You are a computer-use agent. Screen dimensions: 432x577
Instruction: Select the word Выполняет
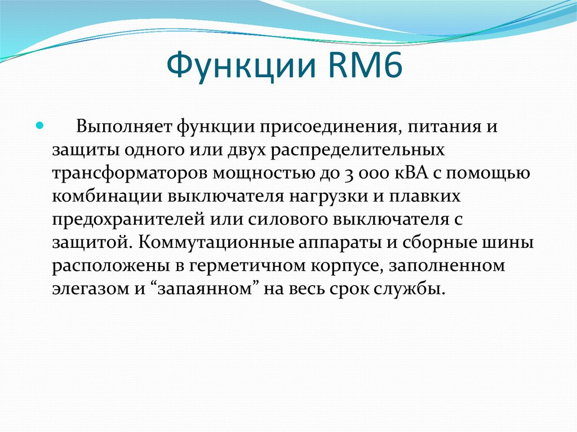click(125, 126)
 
